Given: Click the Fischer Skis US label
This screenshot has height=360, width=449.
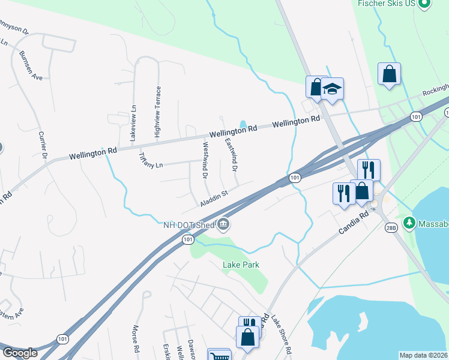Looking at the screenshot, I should coord(387,3).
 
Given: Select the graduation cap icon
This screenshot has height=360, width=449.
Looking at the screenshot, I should coord(332,89).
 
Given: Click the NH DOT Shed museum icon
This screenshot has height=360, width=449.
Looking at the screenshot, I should coord(223,225).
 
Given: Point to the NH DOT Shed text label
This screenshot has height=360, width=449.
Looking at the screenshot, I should coord(189,225).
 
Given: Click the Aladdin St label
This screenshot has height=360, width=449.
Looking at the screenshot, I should coord(215,195).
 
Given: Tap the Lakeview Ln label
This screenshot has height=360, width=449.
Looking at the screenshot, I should coord(133,122).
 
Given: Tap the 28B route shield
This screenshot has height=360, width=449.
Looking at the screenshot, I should coord(391,227).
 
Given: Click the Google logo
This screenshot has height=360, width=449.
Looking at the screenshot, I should coord(20,353).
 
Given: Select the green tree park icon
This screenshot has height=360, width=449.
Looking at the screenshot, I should coord(410,223).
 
